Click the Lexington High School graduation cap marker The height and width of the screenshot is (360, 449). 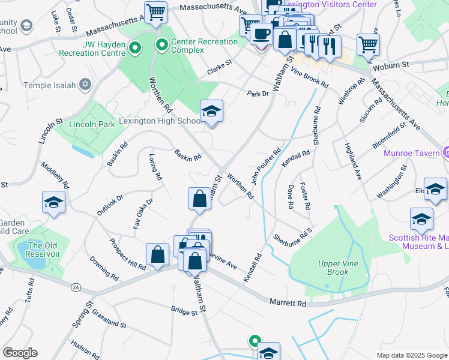point(211,112)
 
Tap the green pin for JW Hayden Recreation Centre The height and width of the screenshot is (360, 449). point(135,47)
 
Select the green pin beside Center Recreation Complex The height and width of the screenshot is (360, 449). point(161,44)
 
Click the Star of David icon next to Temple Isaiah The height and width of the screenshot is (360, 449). point(85,85)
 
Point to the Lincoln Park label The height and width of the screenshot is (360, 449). point(91,125)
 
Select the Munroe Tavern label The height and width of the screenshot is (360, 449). point(411,153)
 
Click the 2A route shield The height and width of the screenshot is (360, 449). point(76,288)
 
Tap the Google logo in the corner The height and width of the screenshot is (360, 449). point(20,353)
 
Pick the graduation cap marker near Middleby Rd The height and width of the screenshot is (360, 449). point(53,203)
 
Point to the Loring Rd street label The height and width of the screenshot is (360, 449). point(155,167)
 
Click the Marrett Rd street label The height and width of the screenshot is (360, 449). point(288,304)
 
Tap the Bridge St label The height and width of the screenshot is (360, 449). point(184,312)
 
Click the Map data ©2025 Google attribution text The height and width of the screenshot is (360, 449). point(412,355)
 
